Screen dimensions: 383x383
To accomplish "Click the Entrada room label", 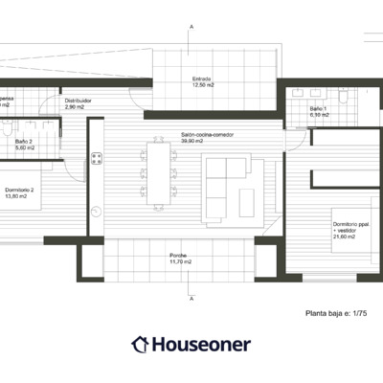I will tap(200, 79).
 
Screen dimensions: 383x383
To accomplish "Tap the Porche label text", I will tap(179, 256).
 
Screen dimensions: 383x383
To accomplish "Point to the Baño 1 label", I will tap(318, 109).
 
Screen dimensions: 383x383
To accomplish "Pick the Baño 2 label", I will tap(24, 142).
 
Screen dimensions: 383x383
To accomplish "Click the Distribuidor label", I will tap(79, 100).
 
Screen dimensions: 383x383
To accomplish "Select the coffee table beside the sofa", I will tap(247, 200).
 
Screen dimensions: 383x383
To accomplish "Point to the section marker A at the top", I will tap(191, 30).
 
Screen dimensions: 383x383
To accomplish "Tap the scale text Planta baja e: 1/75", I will tap(335, 312).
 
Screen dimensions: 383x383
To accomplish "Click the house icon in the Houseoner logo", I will tap(140, 343).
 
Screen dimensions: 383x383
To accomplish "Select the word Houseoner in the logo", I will tap(201, 343).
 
